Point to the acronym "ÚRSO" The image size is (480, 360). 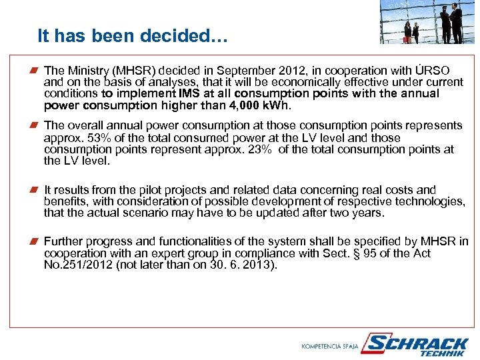tap(432, 71)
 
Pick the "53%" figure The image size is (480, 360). tap(90, 138)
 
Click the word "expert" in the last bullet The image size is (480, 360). tap(175, 253)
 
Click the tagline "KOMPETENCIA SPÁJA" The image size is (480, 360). tap(330, 346)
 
